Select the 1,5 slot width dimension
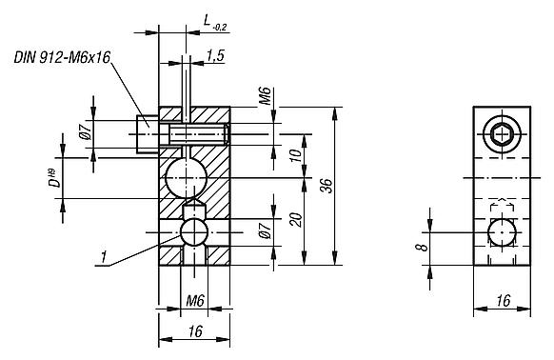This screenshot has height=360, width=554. click(x=214, y=57)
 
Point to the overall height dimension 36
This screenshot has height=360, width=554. click(x=326, y=186)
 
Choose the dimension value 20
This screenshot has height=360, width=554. click(x=296, y=220)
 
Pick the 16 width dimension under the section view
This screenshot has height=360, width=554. click(x=193, y=331)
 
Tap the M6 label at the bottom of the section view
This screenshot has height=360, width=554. click(x=194, y=301)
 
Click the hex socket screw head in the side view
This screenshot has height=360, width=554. click(x=501, y=135)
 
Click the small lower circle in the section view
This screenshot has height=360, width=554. click(x=194, y=232)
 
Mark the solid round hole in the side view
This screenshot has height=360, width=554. click(x=501, y=232)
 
